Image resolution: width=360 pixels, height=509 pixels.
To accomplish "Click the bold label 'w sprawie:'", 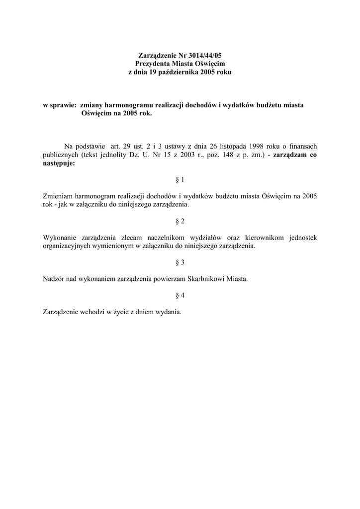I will (60, 105).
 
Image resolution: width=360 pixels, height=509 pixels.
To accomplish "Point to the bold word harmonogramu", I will (130, 105).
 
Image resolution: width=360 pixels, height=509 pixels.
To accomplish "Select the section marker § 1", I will (180, 179).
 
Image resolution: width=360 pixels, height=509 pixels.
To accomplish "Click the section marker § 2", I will (180, 221).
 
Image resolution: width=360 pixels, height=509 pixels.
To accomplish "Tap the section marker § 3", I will (180, 262).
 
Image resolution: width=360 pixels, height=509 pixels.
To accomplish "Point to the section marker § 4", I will (180, 296).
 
